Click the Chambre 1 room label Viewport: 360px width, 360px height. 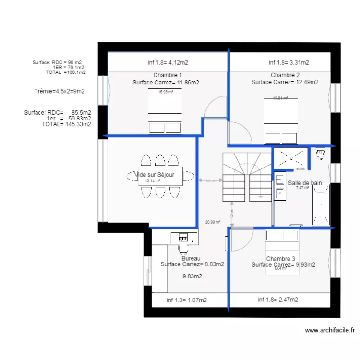coord(168,75)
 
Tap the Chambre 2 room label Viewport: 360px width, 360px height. coord(285,75)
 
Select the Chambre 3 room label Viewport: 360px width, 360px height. coord(281,258)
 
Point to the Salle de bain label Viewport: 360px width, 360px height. coord(305,183)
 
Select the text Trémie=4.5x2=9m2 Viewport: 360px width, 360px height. coord(60,91)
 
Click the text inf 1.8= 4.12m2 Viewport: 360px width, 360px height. coord(168,62)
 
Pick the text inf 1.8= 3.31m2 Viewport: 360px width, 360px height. coord(288,62)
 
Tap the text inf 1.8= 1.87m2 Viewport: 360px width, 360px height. coord(187,300)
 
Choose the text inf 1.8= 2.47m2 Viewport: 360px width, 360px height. coord(277,300)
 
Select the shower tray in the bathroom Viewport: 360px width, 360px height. coord(290,158)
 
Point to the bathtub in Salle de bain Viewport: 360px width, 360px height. coord(321,204)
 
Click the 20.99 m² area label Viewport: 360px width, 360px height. coord(213,222)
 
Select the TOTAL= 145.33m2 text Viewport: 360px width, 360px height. coord(66,124)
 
